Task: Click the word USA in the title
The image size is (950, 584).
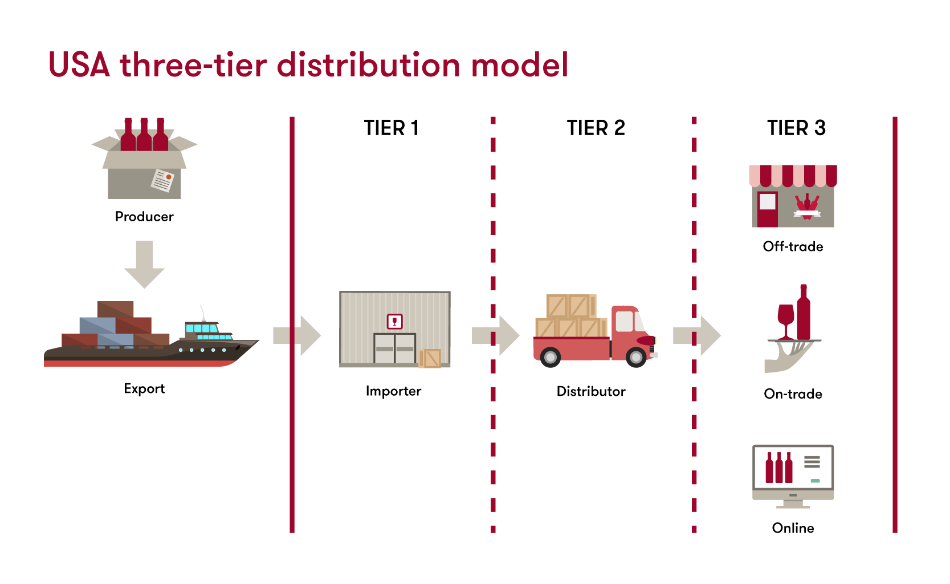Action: tap(79, 65)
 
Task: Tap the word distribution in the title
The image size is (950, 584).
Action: tap(368, 65)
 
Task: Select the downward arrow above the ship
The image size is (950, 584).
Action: tap(144, 264)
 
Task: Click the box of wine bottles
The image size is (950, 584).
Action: tap(144, 163)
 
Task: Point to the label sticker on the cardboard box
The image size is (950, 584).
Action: tap(162, 180)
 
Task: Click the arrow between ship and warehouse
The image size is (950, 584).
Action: tap(297, 335)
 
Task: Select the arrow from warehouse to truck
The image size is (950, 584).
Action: tap(495, 335)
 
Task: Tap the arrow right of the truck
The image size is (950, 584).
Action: tap(696, 335)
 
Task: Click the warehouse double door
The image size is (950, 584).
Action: tap(394, 348)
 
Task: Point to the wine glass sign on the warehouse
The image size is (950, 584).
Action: tap(394, 322)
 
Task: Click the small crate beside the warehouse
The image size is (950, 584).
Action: tap(430, 358)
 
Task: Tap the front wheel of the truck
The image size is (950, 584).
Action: tap(636, 358)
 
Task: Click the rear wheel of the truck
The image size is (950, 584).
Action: tap(551, 358)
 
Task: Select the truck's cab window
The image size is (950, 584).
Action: tap(625, 321)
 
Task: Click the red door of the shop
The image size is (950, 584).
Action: tap(767, 209)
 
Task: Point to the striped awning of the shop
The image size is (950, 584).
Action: tap(793, 176)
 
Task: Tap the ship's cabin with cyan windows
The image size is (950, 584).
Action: tap(202, 330)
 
